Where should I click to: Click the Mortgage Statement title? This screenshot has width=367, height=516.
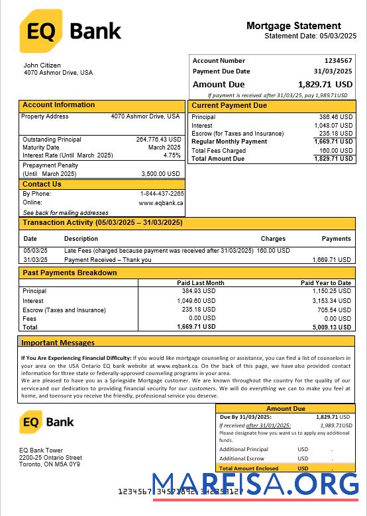click(293, 26)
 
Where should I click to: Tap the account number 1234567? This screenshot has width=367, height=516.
click(338, 61)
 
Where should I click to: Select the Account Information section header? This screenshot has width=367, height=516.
click(58, 105)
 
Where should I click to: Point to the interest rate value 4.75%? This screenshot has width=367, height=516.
click(172, 155)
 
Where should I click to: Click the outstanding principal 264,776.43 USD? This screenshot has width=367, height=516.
click(158, 140)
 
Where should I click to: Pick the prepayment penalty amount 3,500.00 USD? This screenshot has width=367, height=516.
click(161, 173)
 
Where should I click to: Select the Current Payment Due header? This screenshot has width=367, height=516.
click(229, 106)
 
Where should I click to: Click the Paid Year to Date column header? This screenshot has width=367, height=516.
click(325, 282)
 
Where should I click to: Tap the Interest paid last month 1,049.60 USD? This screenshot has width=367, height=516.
click(197, 300)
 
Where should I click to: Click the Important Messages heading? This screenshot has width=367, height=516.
click(58, 343)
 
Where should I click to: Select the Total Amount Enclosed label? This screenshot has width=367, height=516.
click(248, 468)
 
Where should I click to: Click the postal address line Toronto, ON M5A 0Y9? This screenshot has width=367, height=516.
click(49, 464)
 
